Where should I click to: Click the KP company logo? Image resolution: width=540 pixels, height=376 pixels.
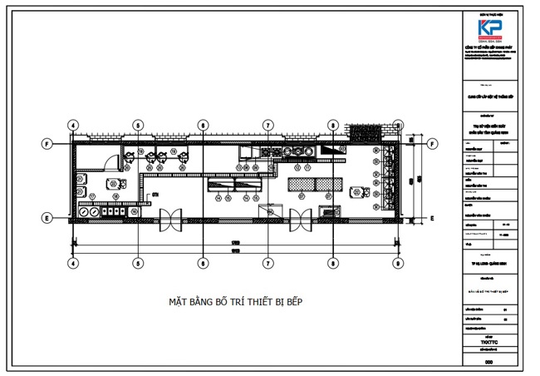490,27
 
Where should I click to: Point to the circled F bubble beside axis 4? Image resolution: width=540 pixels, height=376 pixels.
47,143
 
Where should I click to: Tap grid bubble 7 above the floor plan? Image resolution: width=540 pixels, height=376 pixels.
268,126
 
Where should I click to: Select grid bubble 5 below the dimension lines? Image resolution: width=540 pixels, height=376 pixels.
138,263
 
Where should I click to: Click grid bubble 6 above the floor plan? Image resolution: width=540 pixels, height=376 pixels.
202,126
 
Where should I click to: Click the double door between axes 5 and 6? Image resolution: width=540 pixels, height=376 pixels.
170,218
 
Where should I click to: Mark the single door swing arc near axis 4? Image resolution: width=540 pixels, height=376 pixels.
107,163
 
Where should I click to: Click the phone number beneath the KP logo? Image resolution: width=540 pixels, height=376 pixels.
490,42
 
